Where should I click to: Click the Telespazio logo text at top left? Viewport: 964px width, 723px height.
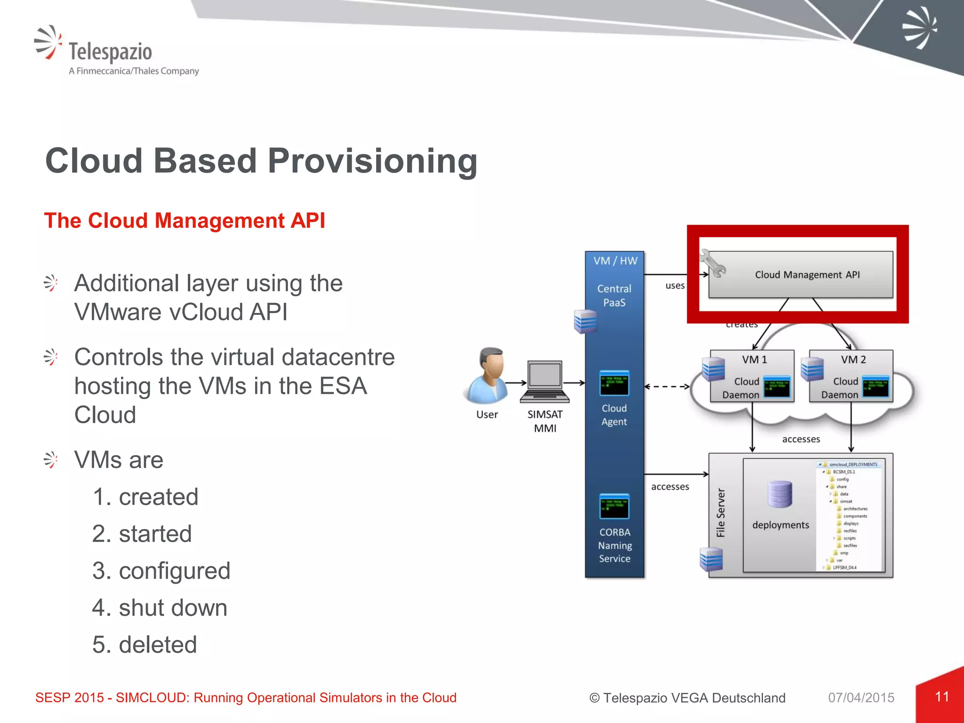tap(110, 52)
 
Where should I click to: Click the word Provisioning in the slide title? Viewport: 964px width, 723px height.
tap(372, 161)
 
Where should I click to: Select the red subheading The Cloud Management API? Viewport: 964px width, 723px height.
tap(185, 221)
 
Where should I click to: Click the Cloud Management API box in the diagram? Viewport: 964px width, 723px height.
tap(807, 274)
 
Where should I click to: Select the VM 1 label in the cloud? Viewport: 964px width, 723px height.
tap(754, 360)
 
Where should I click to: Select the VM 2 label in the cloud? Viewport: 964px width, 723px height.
tap(853, 360)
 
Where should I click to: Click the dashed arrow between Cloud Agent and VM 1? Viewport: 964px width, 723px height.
tap(667, 387)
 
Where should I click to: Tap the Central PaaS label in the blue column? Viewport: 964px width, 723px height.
tap(614, 296)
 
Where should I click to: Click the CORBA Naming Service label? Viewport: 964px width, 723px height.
tap(615, 545)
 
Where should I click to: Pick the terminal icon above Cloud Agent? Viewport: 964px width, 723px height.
tap(614, 383)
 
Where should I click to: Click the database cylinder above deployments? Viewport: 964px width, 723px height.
tap(780, 494)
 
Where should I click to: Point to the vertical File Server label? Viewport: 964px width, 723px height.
tap(721, 513)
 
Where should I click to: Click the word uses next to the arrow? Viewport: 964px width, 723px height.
tap(675, 286)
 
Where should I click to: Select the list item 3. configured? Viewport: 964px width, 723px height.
tap(161, 571)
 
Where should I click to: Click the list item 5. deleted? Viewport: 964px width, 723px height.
tap(145, 645)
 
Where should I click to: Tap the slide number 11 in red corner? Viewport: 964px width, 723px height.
tap(942, 697)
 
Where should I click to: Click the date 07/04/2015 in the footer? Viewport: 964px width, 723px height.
tap(861, 698)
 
